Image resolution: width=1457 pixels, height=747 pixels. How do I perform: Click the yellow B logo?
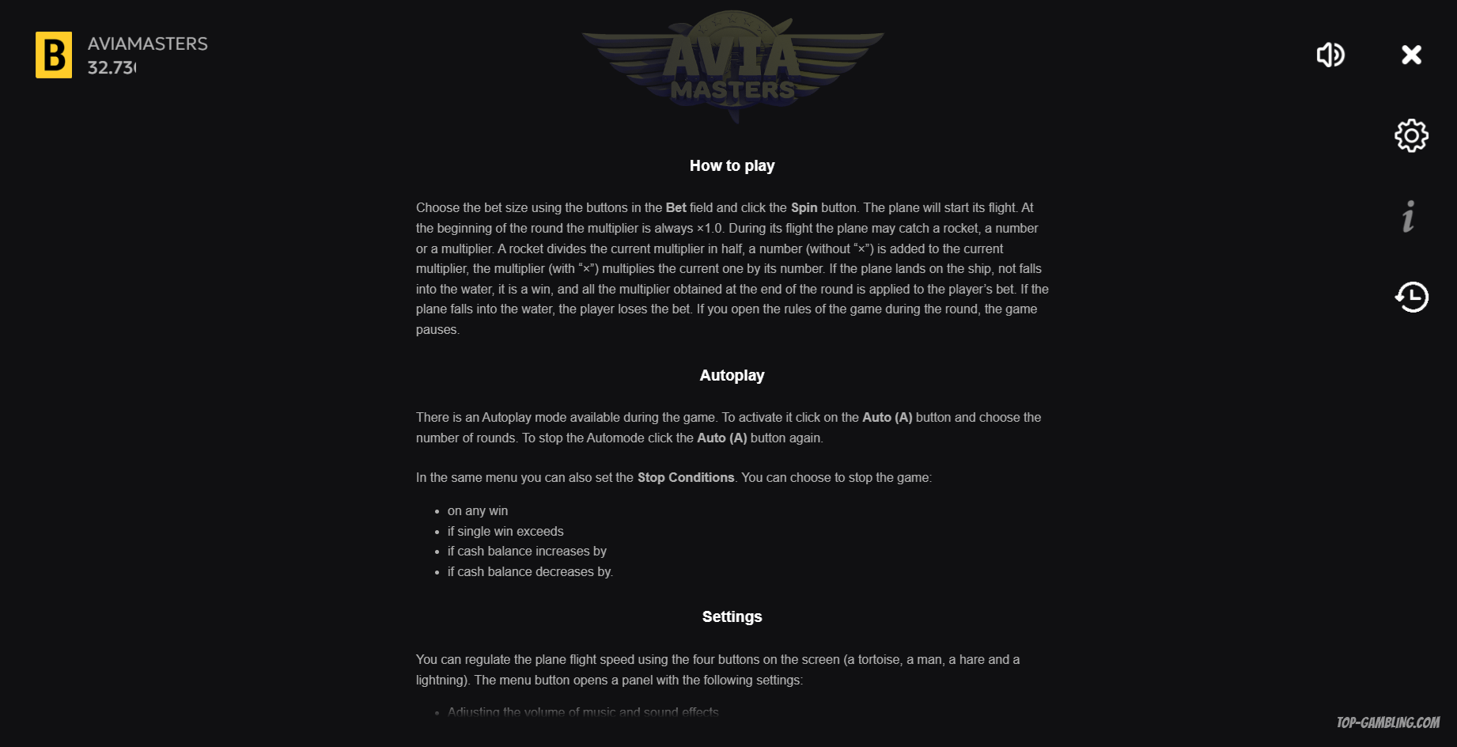point(54,55)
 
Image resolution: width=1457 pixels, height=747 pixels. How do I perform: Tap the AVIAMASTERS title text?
point(147,44)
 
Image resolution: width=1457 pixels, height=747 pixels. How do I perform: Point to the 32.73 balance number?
point(112,68)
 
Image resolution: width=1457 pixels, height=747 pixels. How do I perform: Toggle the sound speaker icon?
point(1330,55)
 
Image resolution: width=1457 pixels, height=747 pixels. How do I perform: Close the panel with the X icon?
point(1411,55)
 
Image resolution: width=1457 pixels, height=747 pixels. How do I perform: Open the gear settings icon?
point(1411,136)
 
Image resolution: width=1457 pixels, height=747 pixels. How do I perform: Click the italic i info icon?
point(1409,216)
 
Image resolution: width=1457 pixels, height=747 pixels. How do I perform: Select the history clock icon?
point(1411,298)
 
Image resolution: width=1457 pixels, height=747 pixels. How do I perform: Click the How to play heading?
point(732,165)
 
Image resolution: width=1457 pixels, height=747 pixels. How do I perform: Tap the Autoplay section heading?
point(732,375)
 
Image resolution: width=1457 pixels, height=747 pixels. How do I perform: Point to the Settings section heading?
point(732,616)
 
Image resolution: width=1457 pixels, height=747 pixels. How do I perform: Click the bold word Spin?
point(804,207)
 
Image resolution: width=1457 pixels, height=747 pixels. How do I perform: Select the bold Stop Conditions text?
point(686,477)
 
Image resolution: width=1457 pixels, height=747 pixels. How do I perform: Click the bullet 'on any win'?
point(478,510)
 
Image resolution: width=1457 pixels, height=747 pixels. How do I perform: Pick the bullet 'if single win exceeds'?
point(505,531)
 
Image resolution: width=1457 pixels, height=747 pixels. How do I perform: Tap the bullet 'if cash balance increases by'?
point(527,551)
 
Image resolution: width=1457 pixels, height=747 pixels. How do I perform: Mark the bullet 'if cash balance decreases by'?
point(530,571)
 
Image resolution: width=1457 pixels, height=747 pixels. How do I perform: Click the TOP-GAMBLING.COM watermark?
point(1387,722)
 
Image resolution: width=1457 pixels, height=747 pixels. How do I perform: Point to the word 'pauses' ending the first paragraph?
point(437,329)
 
